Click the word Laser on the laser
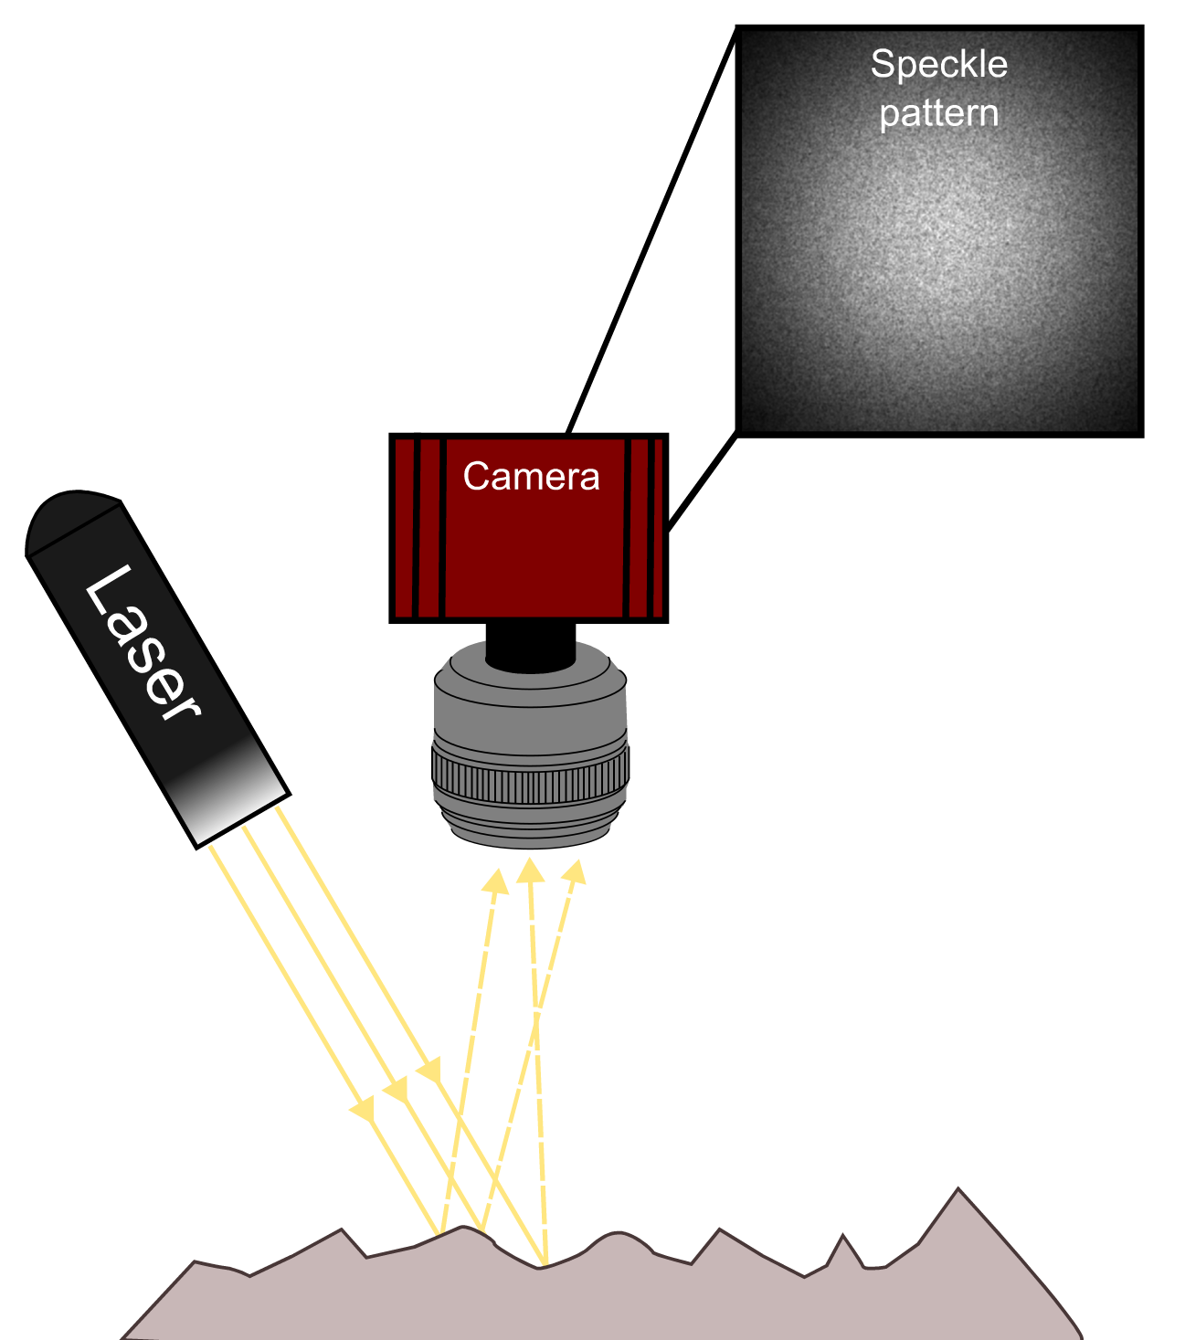(142, 645)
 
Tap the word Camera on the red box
(531, 477)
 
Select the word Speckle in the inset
(938, 65)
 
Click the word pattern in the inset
(938, 113)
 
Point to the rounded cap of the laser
(69, 521)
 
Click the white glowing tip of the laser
(233, 804)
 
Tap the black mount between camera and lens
(531, 644)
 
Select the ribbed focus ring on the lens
(530, 774)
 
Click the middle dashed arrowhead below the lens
(530, 870)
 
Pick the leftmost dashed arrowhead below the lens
(496, 881)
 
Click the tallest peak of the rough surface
(958, 1193)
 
